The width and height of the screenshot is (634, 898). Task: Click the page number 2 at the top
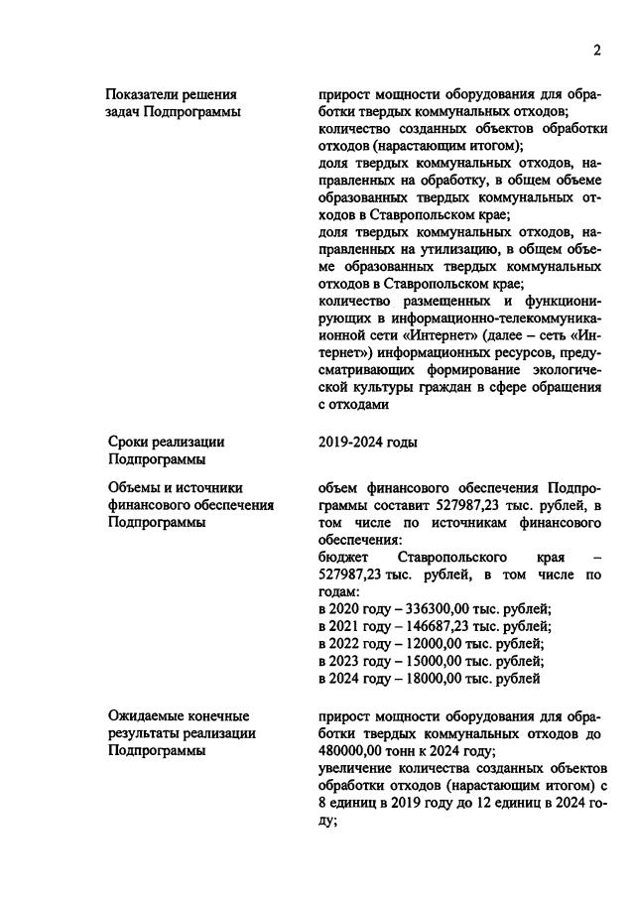tap(597, 51)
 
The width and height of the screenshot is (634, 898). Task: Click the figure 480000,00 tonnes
tap(359, 751)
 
